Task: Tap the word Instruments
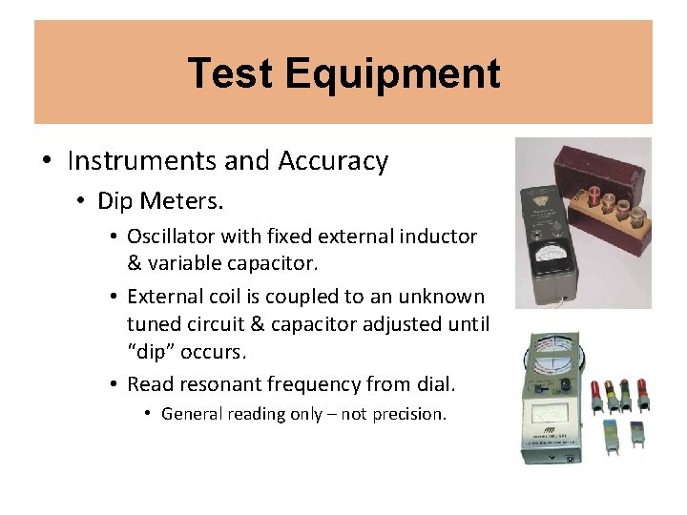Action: tap(142, 161)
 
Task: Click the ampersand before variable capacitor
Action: tap(135, 260)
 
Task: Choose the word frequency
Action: tap(335, 384)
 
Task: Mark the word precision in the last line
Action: tap(409, 414)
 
